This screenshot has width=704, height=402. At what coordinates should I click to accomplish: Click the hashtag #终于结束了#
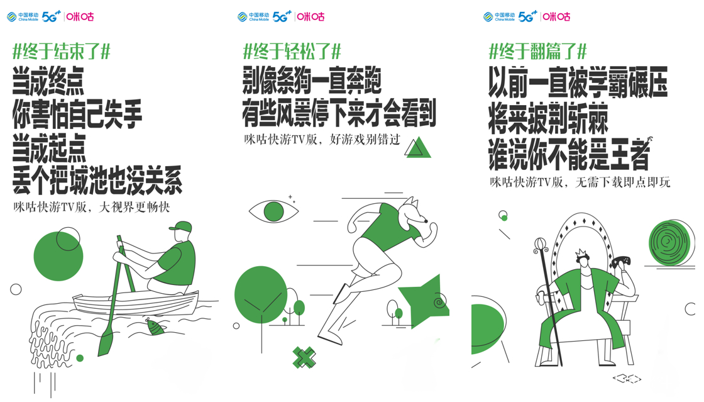coord(62,52)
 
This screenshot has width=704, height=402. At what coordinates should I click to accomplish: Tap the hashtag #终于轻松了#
coord(292,51)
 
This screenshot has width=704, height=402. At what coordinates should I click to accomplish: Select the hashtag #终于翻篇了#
coord(537,51)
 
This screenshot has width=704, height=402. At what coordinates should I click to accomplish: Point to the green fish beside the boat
coord(155,326)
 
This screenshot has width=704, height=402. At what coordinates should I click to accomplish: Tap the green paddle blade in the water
coord(106,342)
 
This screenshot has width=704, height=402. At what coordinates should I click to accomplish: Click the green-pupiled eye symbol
coord(273,211)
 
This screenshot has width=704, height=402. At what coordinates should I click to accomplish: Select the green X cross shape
coord(304,358)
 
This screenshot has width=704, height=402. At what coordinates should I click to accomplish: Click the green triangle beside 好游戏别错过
coord(418,148)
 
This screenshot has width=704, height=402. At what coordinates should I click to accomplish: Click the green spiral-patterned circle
coord(669,243)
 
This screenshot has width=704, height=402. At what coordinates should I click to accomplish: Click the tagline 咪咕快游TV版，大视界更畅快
coord(92,208)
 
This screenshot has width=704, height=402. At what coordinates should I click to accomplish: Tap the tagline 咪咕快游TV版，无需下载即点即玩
coord(580,182)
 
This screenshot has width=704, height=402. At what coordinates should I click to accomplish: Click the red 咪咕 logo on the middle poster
coord(311,16)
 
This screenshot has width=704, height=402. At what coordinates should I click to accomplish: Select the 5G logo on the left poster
coord(51,16)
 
